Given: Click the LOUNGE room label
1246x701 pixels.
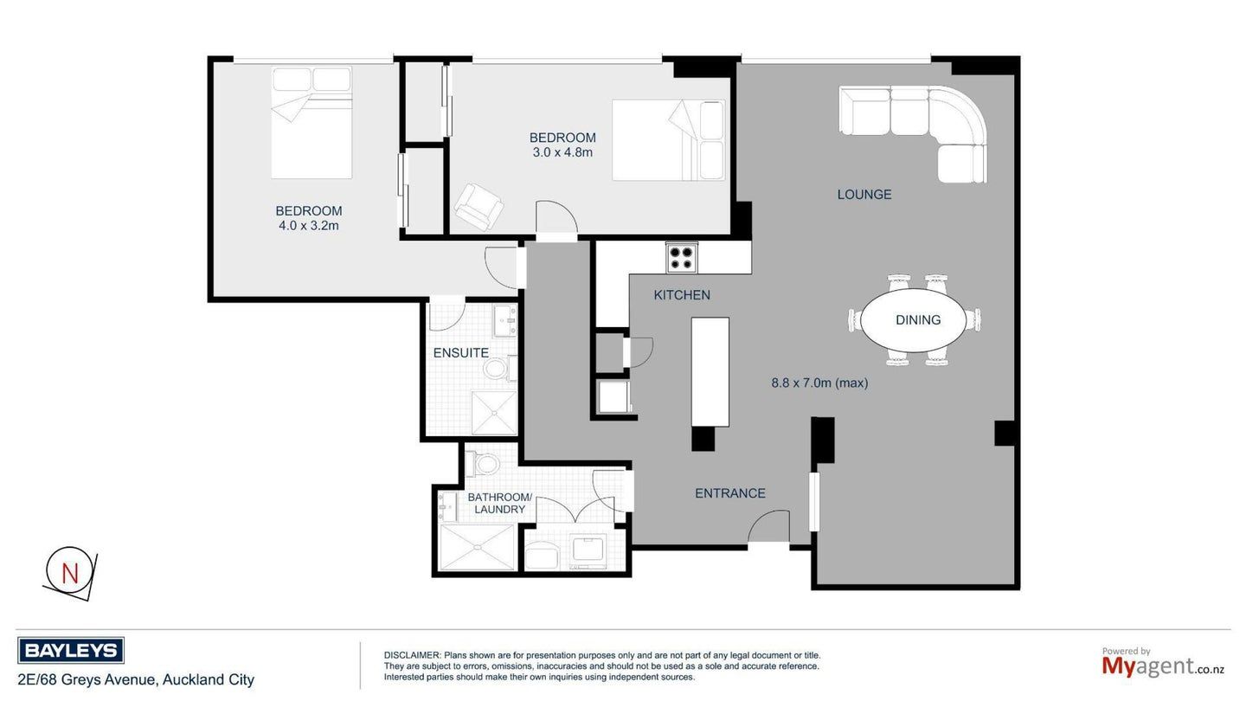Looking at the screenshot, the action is [864, 195].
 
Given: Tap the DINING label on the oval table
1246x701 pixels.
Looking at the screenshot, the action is [918, 320].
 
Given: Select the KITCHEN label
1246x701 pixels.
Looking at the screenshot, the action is [682, 295].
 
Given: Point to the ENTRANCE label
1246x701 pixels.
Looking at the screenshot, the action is [729, 493].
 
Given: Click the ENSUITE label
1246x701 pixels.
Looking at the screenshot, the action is [461, 353].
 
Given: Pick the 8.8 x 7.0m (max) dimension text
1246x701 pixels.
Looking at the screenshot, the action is [819, 383].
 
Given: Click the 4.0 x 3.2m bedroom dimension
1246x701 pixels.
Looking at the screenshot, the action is [309, 226].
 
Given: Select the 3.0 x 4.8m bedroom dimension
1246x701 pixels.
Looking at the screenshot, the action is [562, 152].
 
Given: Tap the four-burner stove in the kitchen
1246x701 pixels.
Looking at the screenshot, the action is [682, 258].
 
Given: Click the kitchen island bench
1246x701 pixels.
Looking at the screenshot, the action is [710, 371].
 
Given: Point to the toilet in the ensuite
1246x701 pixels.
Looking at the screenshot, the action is [499, 369].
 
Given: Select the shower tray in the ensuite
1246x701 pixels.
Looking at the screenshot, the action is [494, 413].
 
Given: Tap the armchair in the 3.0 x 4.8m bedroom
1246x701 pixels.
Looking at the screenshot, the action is [478, 207].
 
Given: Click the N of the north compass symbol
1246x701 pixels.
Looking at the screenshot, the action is [70, 573].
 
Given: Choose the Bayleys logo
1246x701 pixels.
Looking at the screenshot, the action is [71, 651].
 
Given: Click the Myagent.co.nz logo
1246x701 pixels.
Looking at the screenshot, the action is [1163, 663].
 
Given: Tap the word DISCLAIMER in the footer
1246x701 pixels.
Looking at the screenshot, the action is [412, 655].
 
